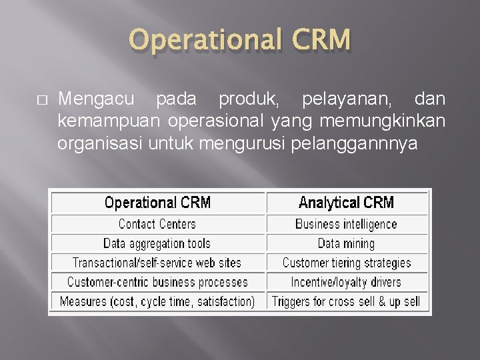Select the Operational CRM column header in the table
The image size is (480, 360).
[157, 203]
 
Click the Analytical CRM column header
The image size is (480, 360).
[346, 203]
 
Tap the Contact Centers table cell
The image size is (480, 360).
[157, 224]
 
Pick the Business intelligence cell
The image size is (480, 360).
[346, 224]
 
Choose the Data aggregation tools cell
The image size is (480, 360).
[157, 243]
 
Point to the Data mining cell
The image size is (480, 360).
[346, 243]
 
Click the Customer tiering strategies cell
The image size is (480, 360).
[346, 263]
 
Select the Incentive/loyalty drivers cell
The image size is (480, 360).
[346, 282]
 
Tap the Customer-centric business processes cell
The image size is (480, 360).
[157, 282]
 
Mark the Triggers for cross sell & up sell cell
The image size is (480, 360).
[346, 301]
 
